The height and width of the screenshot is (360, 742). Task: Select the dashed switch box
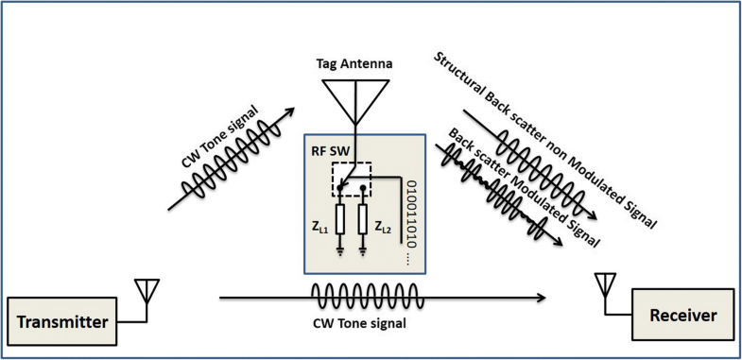351,180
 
